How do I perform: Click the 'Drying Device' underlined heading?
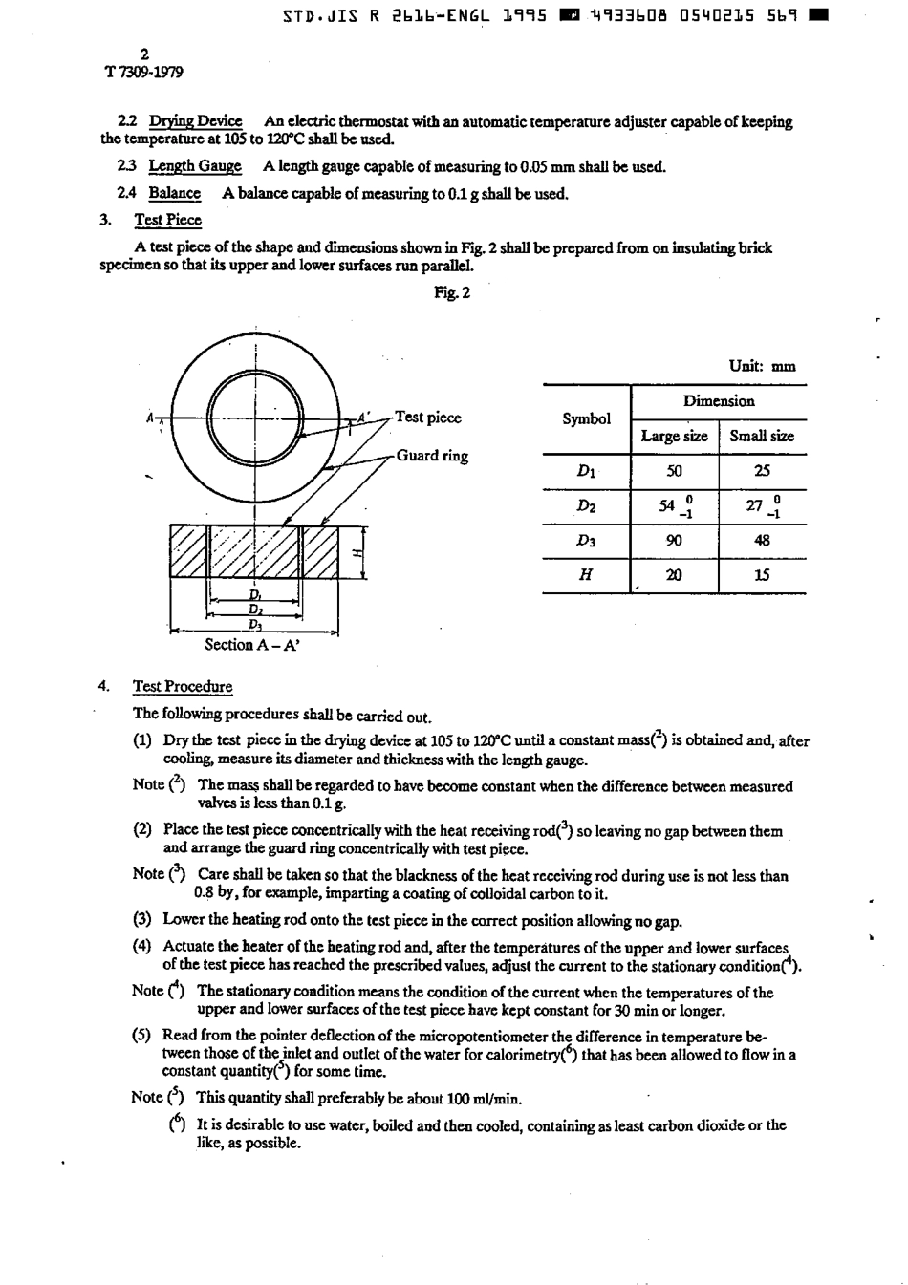(x=195, y=121)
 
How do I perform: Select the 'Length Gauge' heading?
(x=195, y=166)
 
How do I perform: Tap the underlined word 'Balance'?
(x=174, y=193)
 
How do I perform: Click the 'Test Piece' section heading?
(x=167, y=220)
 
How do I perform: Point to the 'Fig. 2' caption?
(x=452, y=292)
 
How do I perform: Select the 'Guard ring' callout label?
(x=432, y=456)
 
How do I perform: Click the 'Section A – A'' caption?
(x=253, y=645)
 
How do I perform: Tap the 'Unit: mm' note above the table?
(x=762, y=366)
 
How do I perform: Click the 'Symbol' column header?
(x=586, y=418)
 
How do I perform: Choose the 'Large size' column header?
(x=674, y=436)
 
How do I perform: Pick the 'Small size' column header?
(x=762, y=436)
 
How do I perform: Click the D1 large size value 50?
(x=674, y=470)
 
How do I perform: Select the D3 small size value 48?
(x=762, y=540)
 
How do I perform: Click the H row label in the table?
(x=586, y=575)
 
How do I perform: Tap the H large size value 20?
(x=674, y=575)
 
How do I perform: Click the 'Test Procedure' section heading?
(x=183, y=687)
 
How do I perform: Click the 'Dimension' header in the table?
(x=719, y=401)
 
